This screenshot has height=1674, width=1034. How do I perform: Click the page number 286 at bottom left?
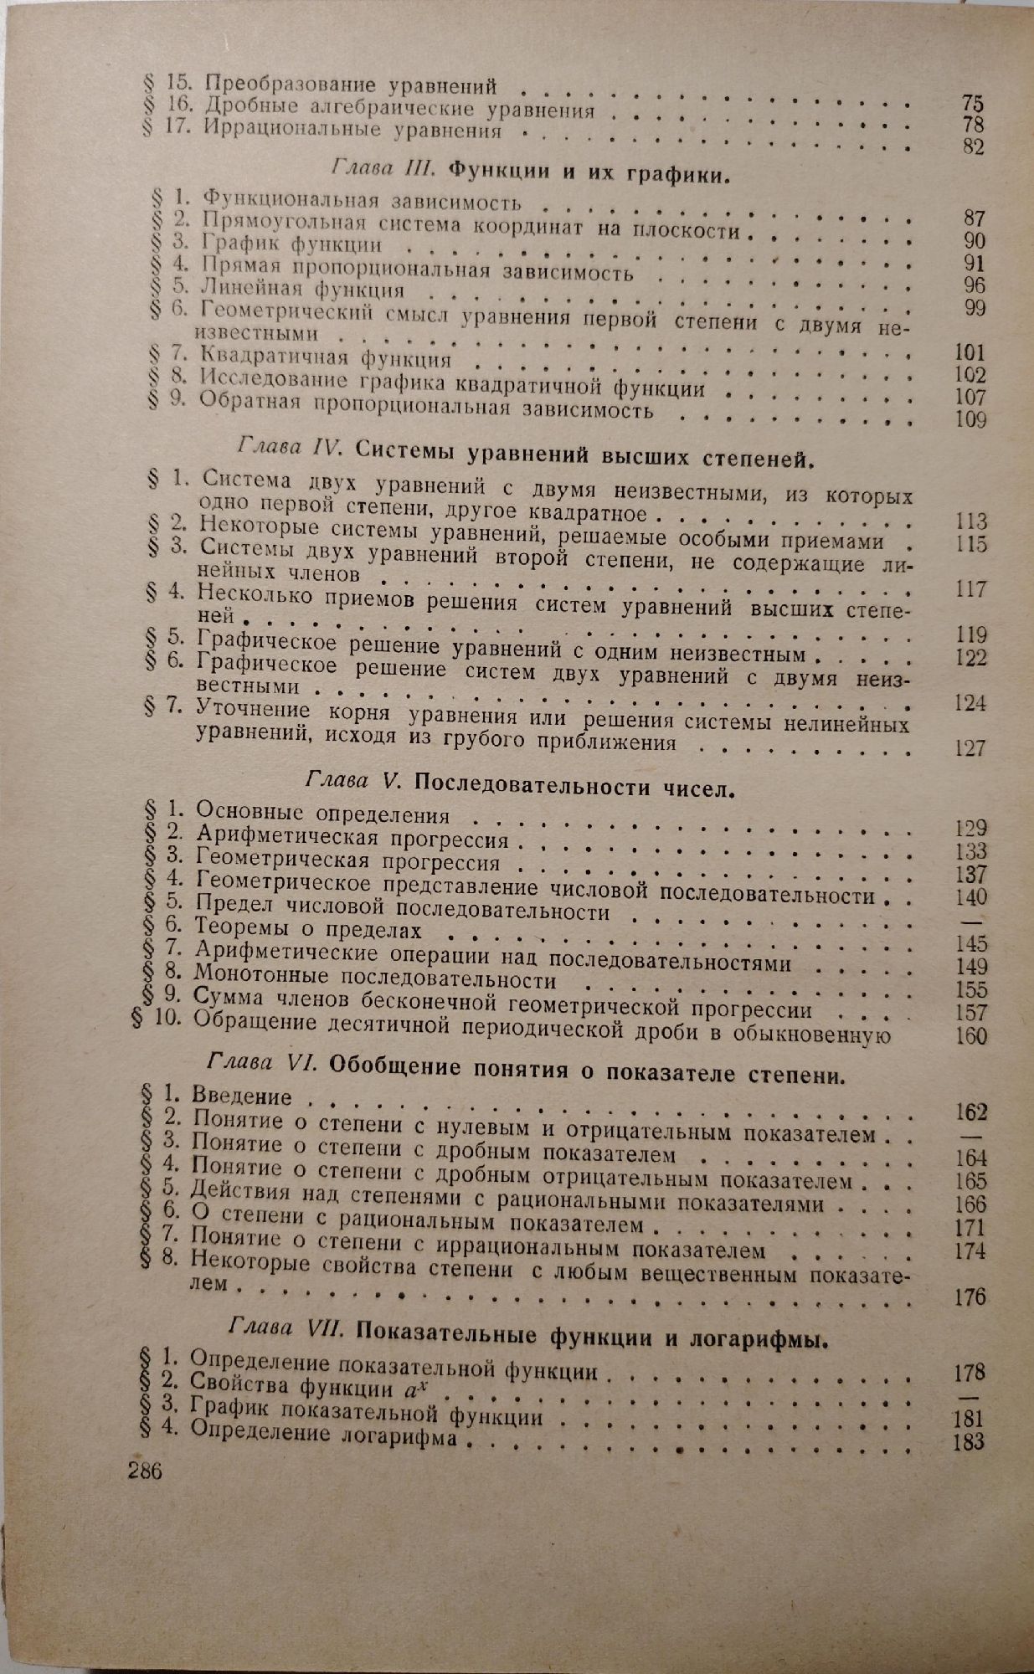[x=145, y=1470]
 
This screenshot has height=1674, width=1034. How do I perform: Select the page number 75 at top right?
[x=972, y=104]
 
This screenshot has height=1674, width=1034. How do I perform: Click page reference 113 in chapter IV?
[x=970, y=521]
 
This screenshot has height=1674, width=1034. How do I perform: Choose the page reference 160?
[x=970, y=1035]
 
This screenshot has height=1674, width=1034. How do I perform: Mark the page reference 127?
[x=970, y=747]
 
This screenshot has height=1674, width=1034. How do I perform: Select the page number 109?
[x=970, y=418]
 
